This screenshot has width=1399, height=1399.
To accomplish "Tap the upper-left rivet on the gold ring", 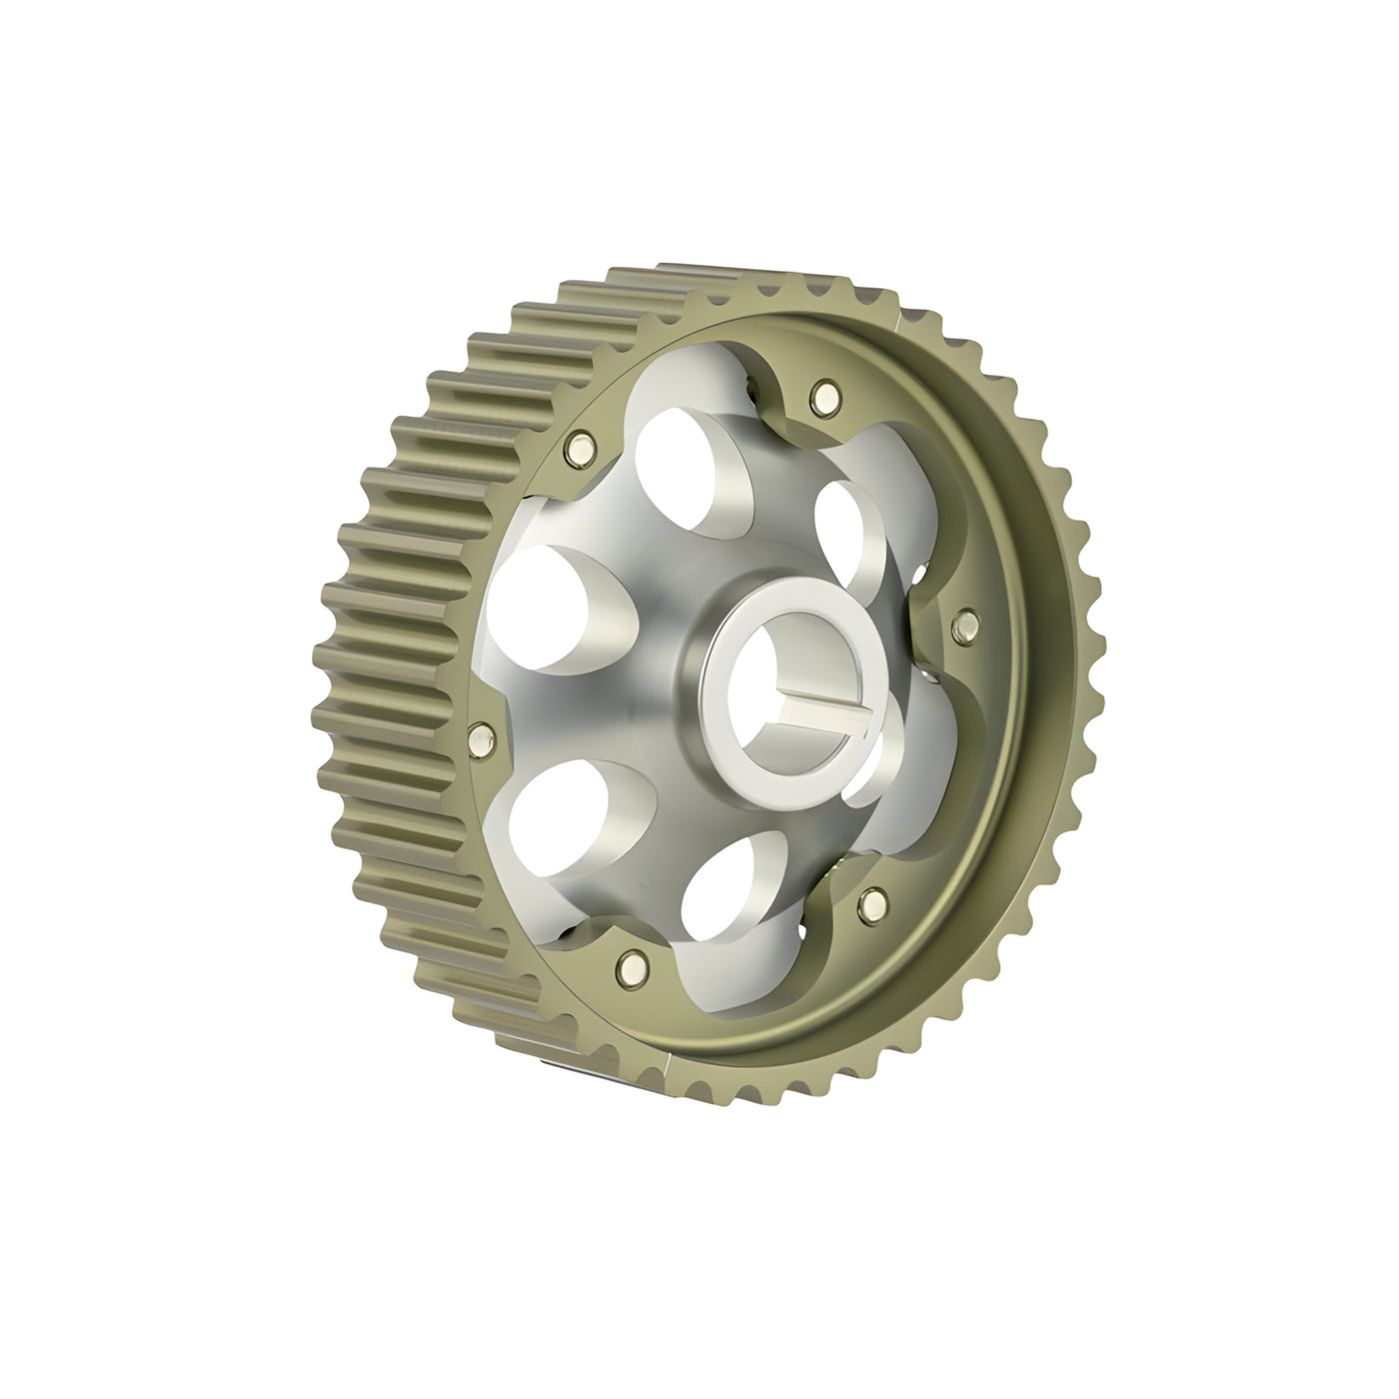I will coord(578,450).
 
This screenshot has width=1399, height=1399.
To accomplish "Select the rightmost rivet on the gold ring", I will coord(965,625).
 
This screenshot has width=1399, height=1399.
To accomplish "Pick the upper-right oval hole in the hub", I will coord(849,530).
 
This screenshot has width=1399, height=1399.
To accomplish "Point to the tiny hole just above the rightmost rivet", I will coord(920,574).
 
